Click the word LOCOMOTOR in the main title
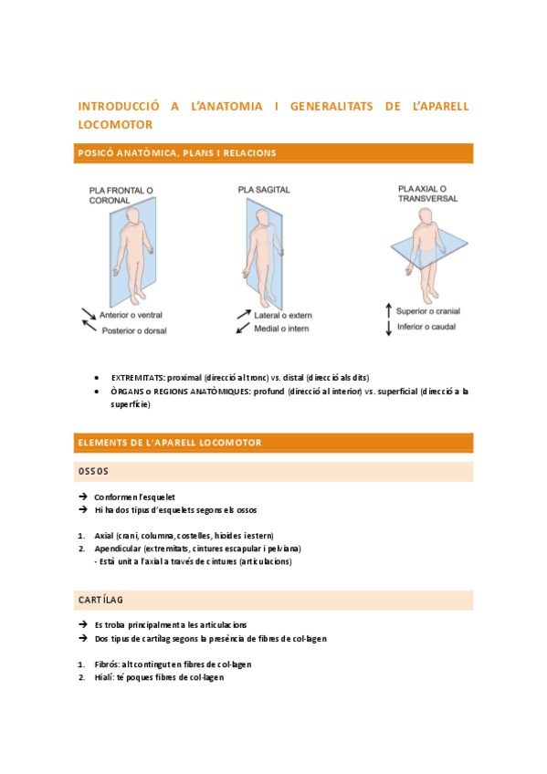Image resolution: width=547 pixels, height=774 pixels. [115, 123]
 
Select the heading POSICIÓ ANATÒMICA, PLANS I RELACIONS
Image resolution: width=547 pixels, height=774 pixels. [176, 152]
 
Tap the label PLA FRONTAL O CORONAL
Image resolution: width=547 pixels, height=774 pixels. [121, 195]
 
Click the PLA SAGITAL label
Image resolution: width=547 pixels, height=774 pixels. [264, 190]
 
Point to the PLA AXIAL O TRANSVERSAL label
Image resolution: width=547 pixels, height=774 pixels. [427, 193]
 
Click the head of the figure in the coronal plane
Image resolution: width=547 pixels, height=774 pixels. [134, 218]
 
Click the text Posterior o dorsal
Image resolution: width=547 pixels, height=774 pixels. [134, 330]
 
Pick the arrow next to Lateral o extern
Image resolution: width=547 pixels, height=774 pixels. [244, 315]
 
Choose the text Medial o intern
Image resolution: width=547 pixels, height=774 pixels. [282, 328]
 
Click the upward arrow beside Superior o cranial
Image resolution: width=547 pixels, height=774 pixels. [388, 310]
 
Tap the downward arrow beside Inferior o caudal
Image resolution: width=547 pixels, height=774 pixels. [388, 328]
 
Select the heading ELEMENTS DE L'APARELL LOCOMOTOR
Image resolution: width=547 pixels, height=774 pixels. [171, 443]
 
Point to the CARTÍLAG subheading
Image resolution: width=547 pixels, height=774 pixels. [101, 600]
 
